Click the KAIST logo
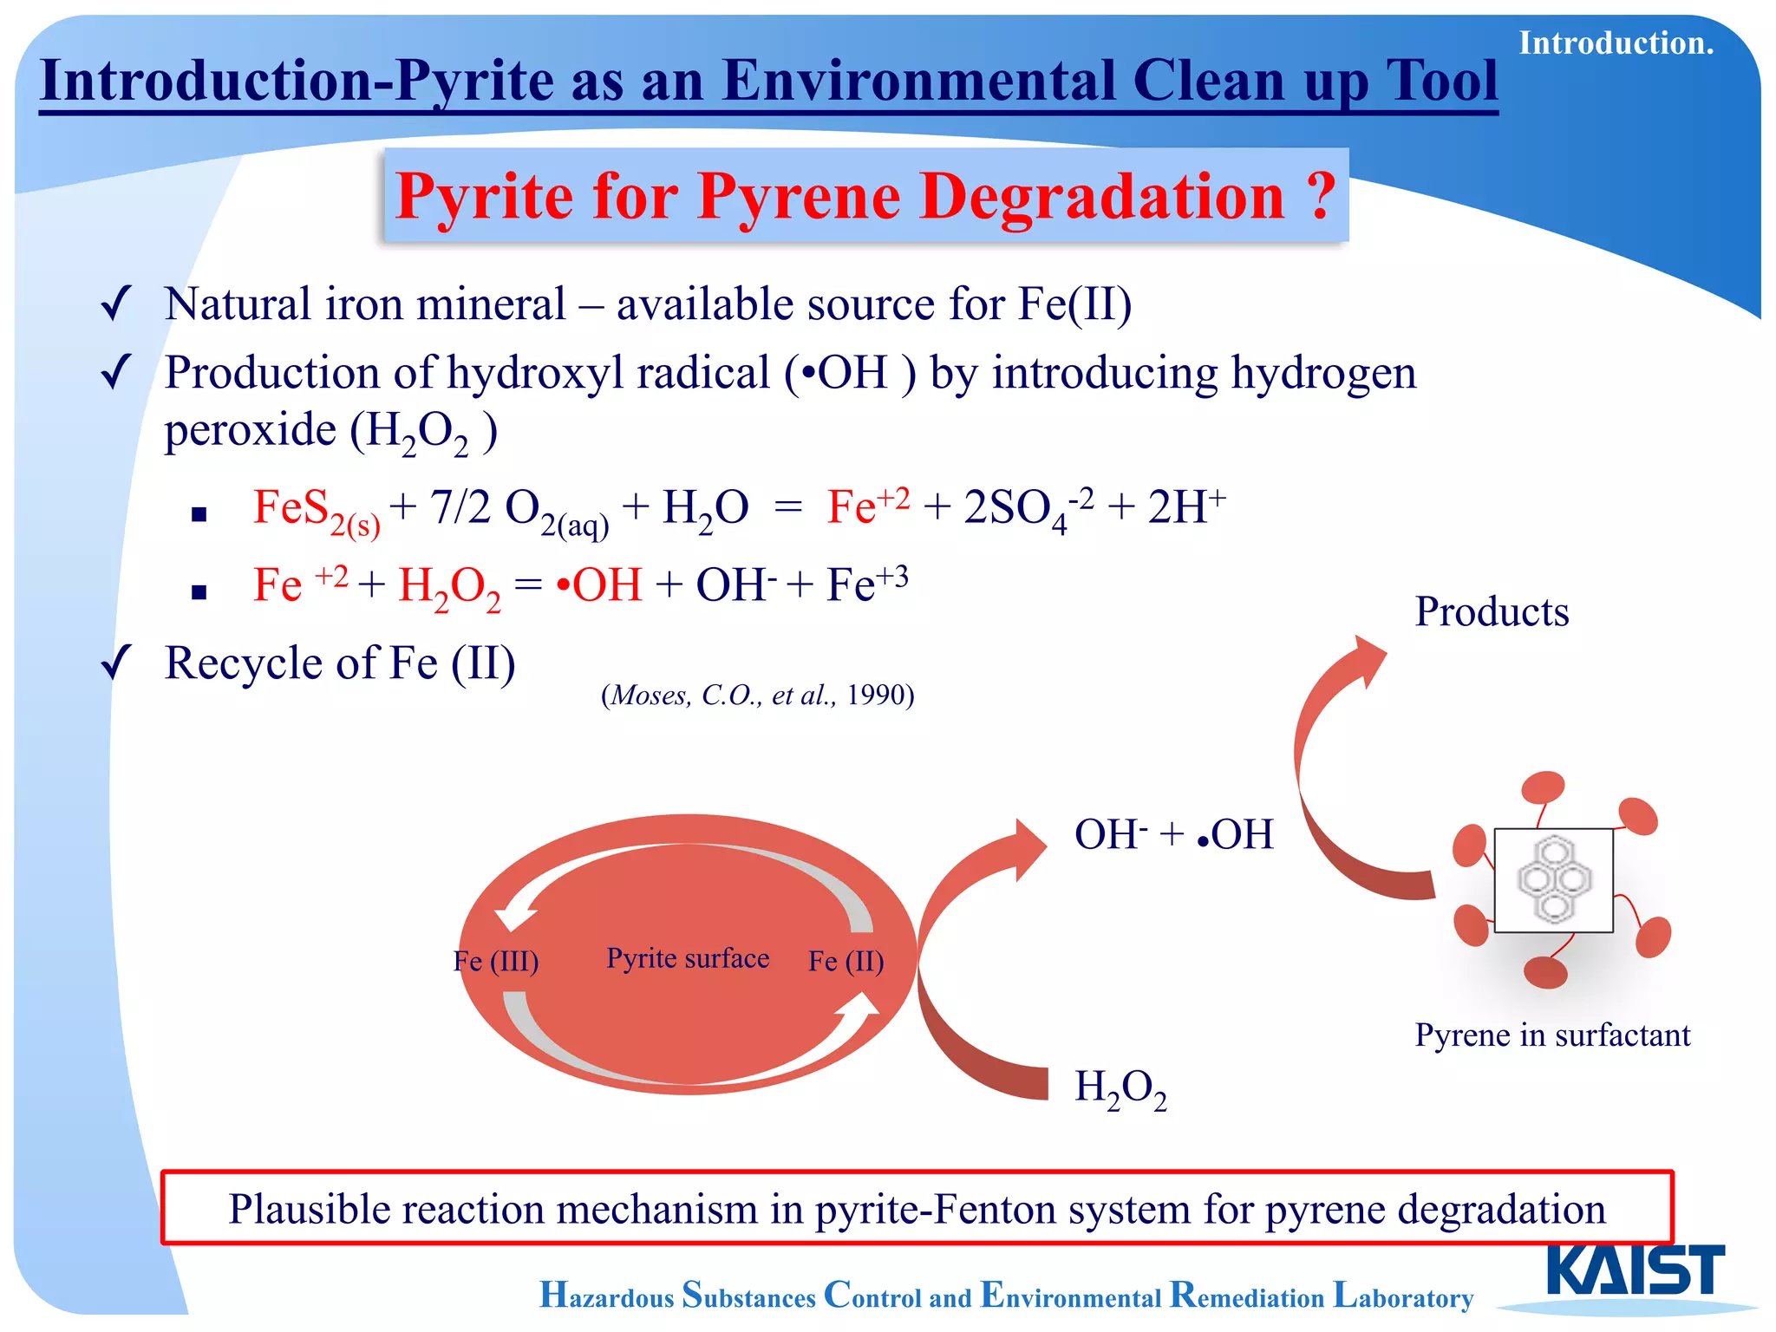pos(1636,1270)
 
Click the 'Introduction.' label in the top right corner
pos(1616,43)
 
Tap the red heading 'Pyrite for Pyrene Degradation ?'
pos(865,196)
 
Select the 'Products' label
pos(1492,612)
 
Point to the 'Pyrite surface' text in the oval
pos(688,958)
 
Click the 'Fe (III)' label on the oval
pos(496,961)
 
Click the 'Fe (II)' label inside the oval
pos(846,961)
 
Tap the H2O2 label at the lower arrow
pos(1120,1087)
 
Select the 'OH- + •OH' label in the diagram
pos(1173,835)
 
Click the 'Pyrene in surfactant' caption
pos(1552,1035)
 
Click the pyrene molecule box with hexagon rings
pos(1553,880)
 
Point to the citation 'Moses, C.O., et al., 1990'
pos(757,695)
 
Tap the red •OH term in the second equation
pos(599,585)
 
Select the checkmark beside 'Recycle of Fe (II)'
pos(115,664)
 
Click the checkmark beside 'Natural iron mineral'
pos(115,304)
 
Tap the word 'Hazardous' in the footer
pos(606,1296)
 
